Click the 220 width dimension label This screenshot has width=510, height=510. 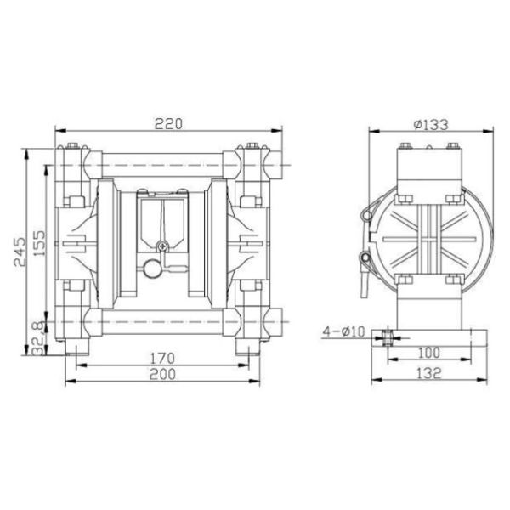point(168,123)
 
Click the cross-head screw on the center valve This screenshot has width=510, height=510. point(163,247)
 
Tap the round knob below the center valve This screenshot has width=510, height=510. point(153,269)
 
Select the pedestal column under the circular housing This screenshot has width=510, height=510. point(431,306)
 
